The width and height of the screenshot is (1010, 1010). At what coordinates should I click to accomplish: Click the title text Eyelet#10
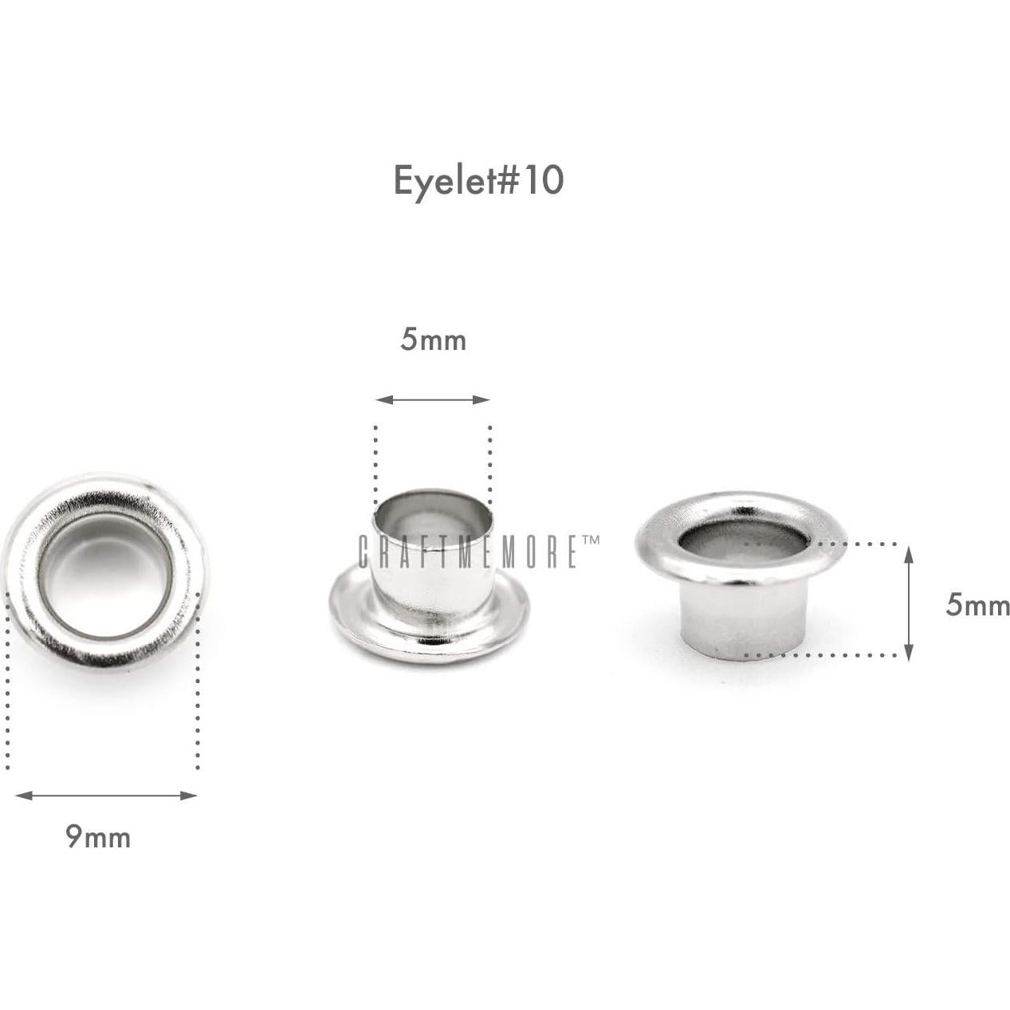(478, 181)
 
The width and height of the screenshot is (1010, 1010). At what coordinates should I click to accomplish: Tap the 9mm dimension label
(97, 837)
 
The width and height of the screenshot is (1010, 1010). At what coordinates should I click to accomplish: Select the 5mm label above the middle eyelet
(433, 340)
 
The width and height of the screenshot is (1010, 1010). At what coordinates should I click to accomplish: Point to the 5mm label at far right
(977, 606)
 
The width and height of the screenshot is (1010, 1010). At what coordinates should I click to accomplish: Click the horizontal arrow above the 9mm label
(106, 795)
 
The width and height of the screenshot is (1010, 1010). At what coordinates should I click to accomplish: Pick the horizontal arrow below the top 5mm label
(433, 399)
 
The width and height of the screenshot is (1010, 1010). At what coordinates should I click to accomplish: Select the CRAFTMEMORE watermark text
(470, 552)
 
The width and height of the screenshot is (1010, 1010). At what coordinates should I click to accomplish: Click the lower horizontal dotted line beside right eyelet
(821, 655)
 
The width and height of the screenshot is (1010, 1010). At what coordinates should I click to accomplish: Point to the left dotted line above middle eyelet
(375, 462)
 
